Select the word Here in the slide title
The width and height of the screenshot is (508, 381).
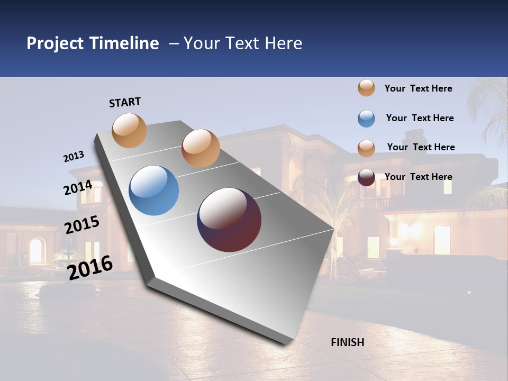click(284, 43)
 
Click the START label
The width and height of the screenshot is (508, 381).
click(125, 102)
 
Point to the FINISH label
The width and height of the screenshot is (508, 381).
click(348, 342)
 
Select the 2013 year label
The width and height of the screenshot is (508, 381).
click(74, 157)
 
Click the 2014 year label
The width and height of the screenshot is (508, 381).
click(78, 188)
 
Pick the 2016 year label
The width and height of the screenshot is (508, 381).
click(90, 268)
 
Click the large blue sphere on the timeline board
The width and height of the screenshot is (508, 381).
click(154, 190)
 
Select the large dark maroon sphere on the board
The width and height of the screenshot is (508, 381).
click(229, 220)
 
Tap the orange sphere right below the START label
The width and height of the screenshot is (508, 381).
click(130, 130)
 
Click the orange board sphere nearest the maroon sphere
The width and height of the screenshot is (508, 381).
click(201, 148)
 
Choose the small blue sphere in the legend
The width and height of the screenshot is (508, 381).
click(366, 119)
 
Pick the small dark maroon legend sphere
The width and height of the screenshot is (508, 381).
click(366, 177)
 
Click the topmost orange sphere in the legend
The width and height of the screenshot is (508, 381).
click(366, 88)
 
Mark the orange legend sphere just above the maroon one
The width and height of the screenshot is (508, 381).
click(366, 148)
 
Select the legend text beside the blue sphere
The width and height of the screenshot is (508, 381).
click(420, 118)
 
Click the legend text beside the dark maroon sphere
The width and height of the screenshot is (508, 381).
click(418, 177)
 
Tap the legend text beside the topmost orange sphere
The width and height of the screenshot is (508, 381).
click(418, 88)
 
